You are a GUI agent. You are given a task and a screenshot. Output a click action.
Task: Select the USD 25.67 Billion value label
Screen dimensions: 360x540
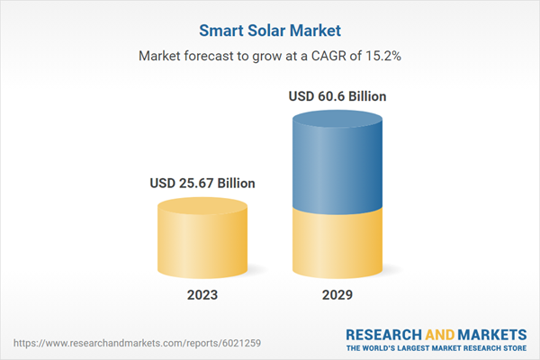[x=202, y=183]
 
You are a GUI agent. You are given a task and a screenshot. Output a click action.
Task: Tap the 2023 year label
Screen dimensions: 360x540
[x=202, y=294]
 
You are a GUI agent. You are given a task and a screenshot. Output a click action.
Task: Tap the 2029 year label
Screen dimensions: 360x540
[x=337, y=294]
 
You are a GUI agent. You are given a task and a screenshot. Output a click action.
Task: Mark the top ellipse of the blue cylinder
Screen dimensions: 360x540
[x=337, y=117]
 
